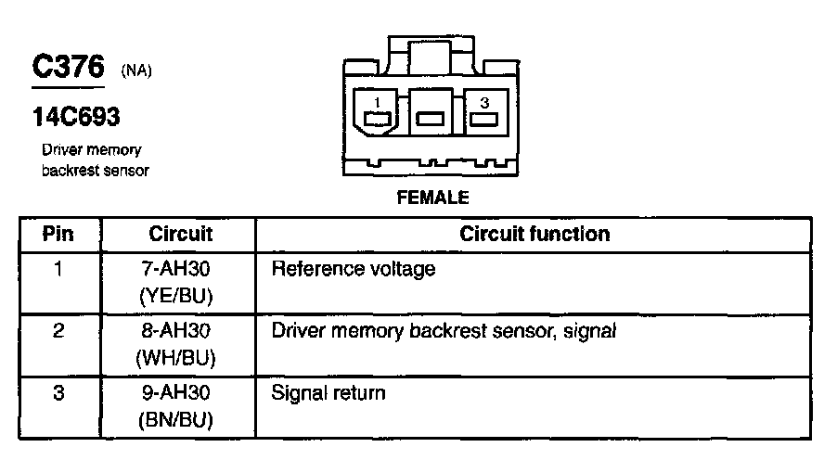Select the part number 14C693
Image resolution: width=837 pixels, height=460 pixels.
point(76,117)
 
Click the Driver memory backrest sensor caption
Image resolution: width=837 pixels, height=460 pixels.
point(94,160)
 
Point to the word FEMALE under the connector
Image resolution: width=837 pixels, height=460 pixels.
point(432,198)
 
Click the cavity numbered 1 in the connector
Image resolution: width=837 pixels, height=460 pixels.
point(377,117)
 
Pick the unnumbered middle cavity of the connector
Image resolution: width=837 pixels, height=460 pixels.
point(430,118)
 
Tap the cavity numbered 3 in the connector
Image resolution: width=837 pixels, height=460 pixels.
point(483,117)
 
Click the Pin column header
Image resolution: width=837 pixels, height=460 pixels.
point(58,234)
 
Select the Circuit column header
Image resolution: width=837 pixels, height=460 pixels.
point(180,234)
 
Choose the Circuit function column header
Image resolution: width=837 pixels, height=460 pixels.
point(534,234)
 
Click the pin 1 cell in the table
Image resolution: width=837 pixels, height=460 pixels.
point(58,270)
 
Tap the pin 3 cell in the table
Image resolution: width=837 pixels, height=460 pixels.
point(58,393)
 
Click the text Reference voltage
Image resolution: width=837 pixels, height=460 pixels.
point(353,270)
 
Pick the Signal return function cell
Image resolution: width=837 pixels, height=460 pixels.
point(328,393)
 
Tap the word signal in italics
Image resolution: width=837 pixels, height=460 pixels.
point(590,331)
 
